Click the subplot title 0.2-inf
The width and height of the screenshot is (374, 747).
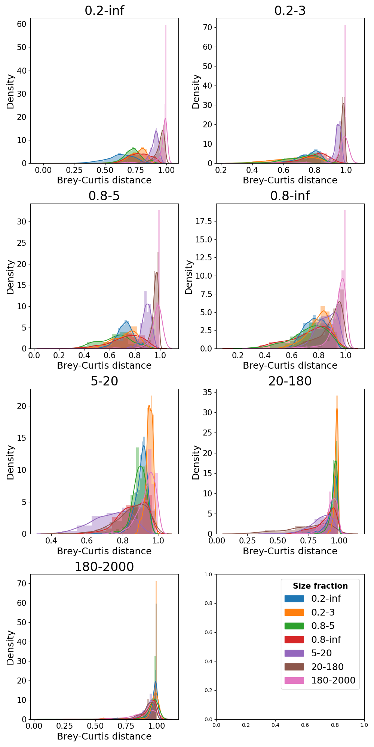[104, 10]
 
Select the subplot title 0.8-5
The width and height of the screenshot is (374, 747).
[104, 196]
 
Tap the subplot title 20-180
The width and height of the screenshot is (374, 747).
[290, 381]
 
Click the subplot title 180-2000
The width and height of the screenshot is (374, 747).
[104, 567]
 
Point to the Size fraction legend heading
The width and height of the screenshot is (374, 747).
[320, 586]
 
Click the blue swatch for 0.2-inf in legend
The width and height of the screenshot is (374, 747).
[294, 599]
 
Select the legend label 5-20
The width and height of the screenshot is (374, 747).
[321, 653]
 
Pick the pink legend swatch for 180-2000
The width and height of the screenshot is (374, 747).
[294, 681]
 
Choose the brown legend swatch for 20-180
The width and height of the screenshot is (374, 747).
[294, 667]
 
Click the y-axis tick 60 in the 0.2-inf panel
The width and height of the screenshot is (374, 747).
[22, 24]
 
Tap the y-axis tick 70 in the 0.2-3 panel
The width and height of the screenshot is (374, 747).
[208, 27]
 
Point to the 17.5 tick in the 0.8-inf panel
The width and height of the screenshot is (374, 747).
[203, 221]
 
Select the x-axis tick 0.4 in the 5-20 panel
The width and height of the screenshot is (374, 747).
[51, 540]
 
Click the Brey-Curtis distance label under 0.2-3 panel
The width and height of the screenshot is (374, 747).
[290, 180]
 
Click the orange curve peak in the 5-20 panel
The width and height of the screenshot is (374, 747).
[149, 406]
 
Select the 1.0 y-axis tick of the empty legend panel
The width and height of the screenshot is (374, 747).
[208, 574]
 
